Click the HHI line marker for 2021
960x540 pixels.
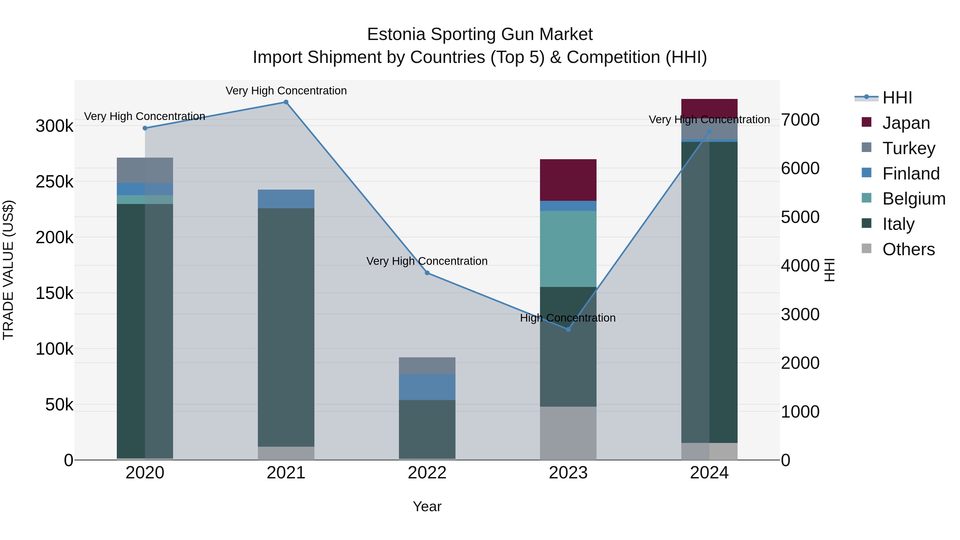coord(286,102)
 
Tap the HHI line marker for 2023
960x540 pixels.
coord(568,329)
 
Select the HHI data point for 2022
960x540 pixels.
coord(427,273)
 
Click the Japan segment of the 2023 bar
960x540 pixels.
coord(568,180)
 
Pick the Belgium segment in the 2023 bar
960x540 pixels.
coord(568,249)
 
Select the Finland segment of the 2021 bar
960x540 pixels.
coord(286,199)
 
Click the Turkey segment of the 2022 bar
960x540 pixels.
coord(427,366)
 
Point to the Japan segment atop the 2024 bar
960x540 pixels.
coord(709,108)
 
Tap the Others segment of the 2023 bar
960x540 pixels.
coord(568,433)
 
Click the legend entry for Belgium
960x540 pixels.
coord(913,199)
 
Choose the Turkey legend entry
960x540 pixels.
coord(909,148)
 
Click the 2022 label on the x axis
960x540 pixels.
coord(427,473)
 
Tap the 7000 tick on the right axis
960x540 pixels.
coord(800,120)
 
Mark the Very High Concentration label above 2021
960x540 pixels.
coord(286,91)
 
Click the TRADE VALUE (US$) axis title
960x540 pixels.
coord(8,270)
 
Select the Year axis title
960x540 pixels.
coord(427,506)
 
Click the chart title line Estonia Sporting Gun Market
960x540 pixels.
coord(480,34)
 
